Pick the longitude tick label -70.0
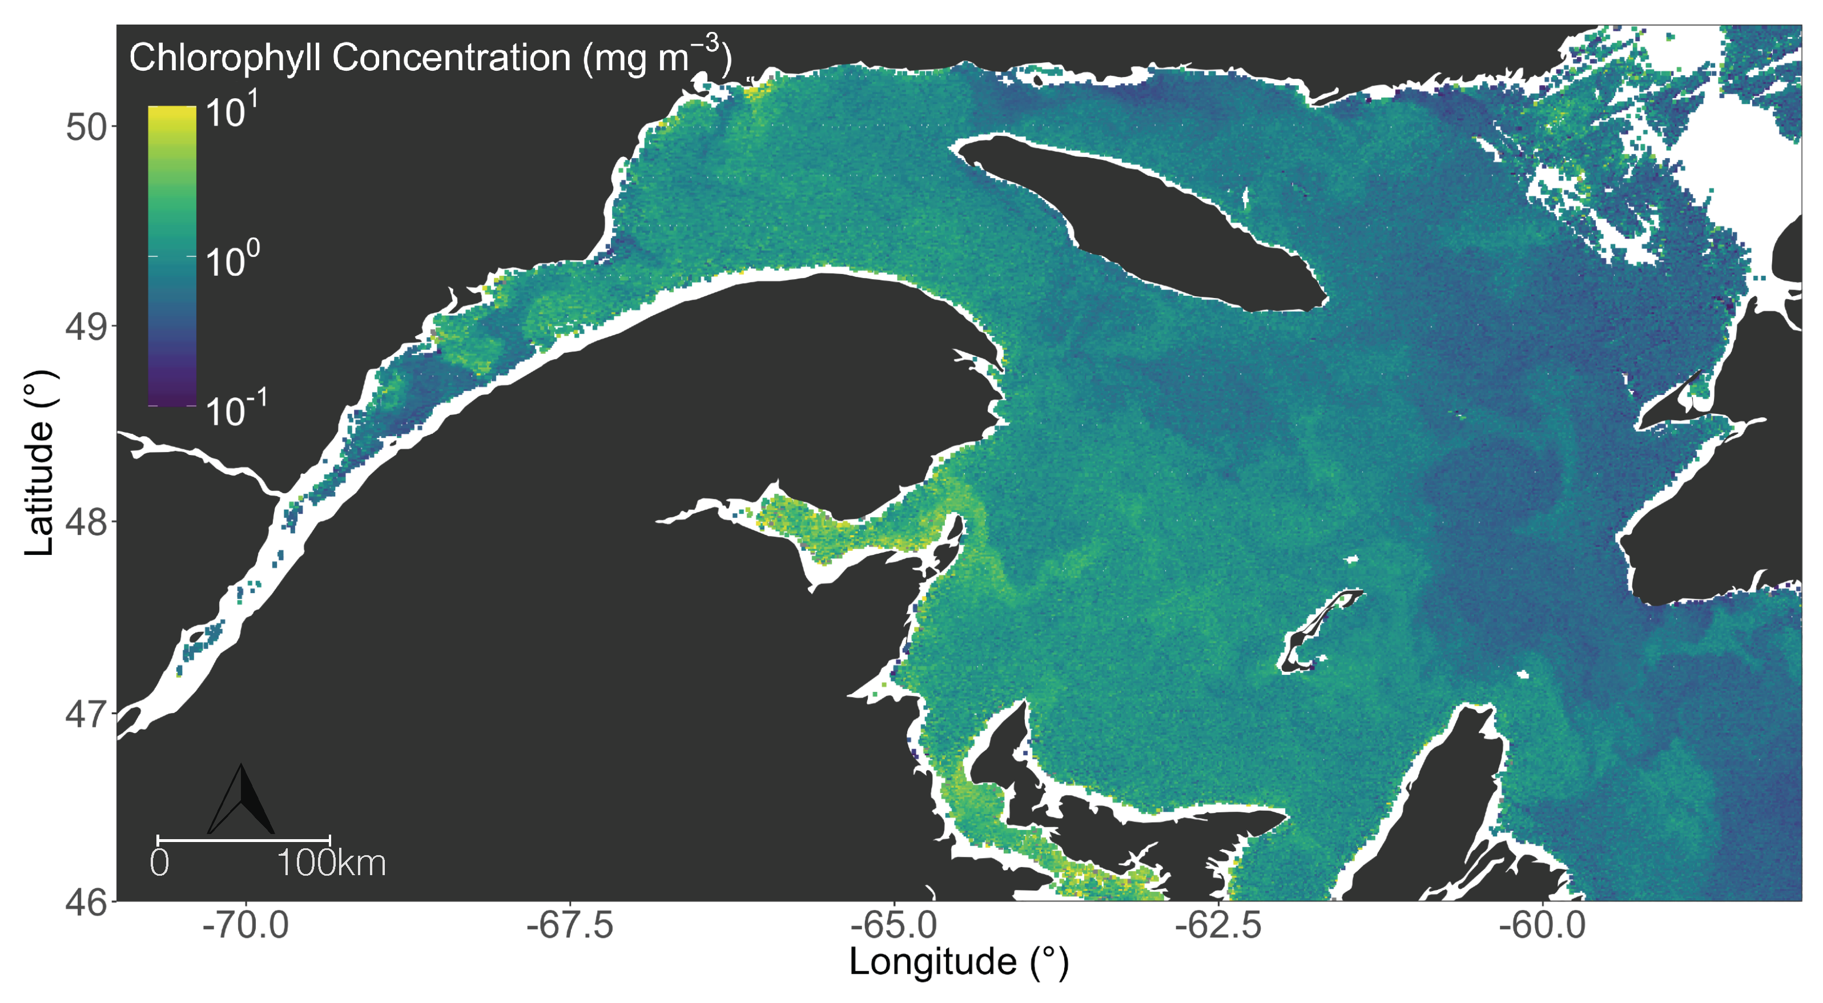[x=246, y=926]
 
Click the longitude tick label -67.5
[x=570, y=926]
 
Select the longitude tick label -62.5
[x=1218, y=926]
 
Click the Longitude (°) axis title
[x=959, y=962]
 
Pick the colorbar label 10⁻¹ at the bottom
[x=236, y=409]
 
